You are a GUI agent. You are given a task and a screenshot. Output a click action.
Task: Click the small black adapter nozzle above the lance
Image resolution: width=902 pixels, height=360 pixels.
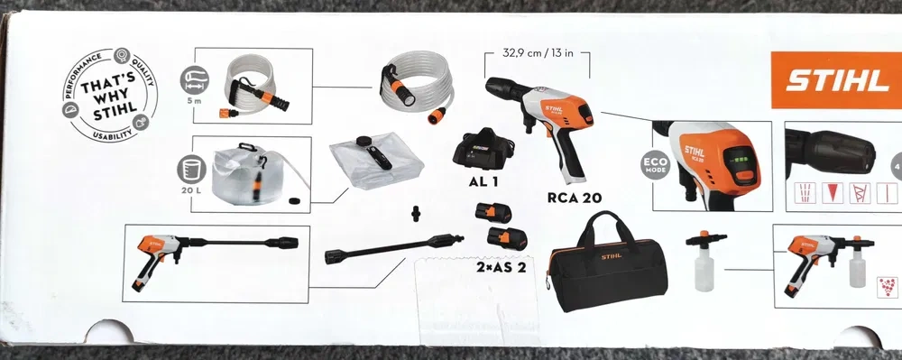(416, 214)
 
